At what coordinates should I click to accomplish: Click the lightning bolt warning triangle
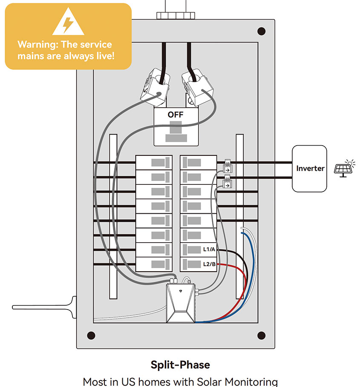click(68, 22)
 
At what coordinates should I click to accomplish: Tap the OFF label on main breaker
click(176, 115)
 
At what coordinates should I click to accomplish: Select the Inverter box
click(309, 168)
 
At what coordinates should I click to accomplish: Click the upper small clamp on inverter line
click(228, 167)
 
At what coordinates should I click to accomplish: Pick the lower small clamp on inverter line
click(227, 183)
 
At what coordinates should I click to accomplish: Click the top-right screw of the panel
click(262, 31)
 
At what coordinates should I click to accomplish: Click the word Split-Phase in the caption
click(180, 365)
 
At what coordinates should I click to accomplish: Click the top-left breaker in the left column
click(154, 162)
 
